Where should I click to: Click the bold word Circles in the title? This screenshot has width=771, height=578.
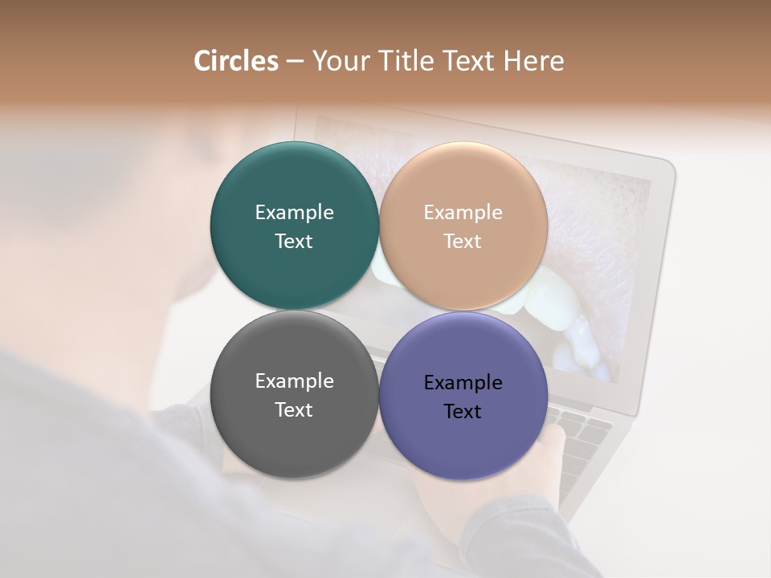tap(235, 61)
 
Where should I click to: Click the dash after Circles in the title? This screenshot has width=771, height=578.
tap(295, 62)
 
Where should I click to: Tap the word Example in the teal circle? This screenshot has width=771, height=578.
tap(294, 213)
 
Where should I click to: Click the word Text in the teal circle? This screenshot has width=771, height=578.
tap(294, 242)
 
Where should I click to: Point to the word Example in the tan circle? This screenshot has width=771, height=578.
tap(463, 213)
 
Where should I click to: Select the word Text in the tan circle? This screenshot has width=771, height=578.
tap(463, 242)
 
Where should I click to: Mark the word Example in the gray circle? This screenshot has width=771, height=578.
tap(294, 381)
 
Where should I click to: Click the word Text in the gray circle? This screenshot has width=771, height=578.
tap(294, 410)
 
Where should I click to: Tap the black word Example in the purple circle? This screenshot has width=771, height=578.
tap(463, 383)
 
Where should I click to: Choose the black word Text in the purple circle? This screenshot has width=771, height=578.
tap(463, 412)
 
